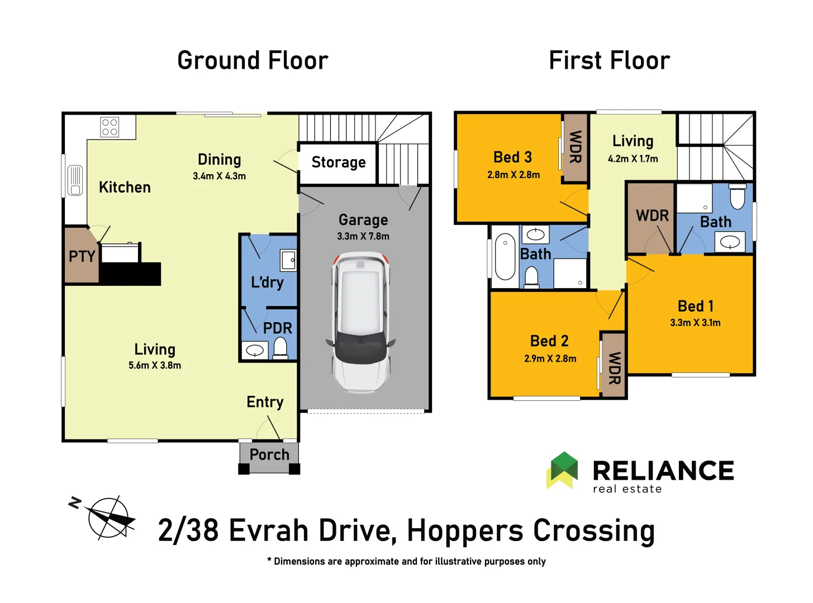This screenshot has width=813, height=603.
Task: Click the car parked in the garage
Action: tap(361, 322)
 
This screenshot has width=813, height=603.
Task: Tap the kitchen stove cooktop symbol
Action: tap(110, 127)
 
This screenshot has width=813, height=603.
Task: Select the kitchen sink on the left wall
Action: tap(75, 180)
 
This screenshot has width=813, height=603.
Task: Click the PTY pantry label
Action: tap(82, 257)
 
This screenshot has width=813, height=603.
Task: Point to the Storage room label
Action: tap(339, 162)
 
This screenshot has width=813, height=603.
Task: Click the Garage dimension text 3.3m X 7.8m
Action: tap(363, 236)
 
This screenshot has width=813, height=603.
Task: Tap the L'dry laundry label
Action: tap(267, 283)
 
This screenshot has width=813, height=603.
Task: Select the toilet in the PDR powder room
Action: tap(280, 349)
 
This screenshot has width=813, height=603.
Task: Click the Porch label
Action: tap(269, 455)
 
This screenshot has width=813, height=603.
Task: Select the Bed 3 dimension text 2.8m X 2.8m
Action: tap(514, 175)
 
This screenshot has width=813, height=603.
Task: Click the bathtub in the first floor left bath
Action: tap(505, 256)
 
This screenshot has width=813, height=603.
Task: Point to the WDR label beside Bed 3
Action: tap(576, 147)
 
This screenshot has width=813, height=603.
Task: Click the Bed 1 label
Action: tap(695, 306)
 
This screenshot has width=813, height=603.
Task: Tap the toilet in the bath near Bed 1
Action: tap(738, 198)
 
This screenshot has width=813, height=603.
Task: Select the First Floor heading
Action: tap(609, 60)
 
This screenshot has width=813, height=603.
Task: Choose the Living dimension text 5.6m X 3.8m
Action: tap(155, 366)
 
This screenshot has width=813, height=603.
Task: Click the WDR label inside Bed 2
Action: tap(614, 368)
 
